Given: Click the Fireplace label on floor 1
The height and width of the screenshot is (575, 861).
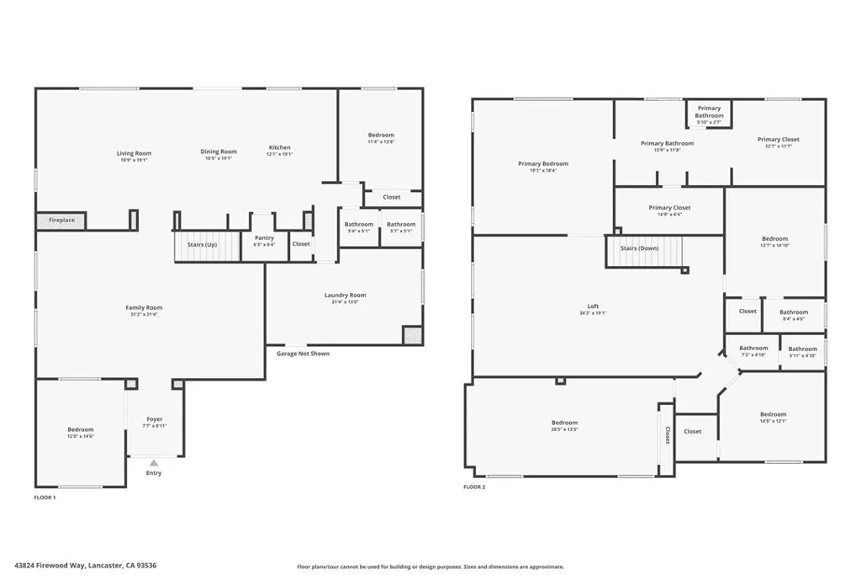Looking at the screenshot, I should [x=61, y=221].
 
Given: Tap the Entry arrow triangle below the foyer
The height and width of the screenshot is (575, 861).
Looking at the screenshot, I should [x=154, y=462].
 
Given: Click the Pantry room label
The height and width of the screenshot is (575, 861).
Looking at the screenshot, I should [x=264, y=238].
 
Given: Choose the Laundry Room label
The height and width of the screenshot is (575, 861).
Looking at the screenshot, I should [x=345, y=295].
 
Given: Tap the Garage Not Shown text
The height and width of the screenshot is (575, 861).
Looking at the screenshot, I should [x=303, y=354].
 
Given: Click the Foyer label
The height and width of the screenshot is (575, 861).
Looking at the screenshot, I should [x=155, y=419].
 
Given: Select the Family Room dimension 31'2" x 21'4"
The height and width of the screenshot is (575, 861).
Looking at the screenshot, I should [x=144, y=315].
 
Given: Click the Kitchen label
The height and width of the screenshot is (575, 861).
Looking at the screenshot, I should [x=279, y=147].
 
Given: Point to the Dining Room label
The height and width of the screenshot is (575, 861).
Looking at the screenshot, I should [x=218, y=152].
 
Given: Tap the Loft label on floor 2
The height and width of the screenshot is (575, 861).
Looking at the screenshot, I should [x=593, y=306].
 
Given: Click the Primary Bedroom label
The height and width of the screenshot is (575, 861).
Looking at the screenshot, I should [x=542, y=163].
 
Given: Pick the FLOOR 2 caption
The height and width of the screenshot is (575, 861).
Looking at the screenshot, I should [x=474, y=487].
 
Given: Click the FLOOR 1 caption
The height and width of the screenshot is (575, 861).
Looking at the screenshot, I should [x=45, y=498].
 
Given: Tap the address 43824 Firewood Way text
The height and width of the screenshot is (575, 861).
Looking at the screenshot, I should [x=86, y=566].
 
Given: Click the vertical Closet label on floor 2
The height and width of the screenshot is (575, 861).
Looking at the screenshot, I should [x=667, y=435].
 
